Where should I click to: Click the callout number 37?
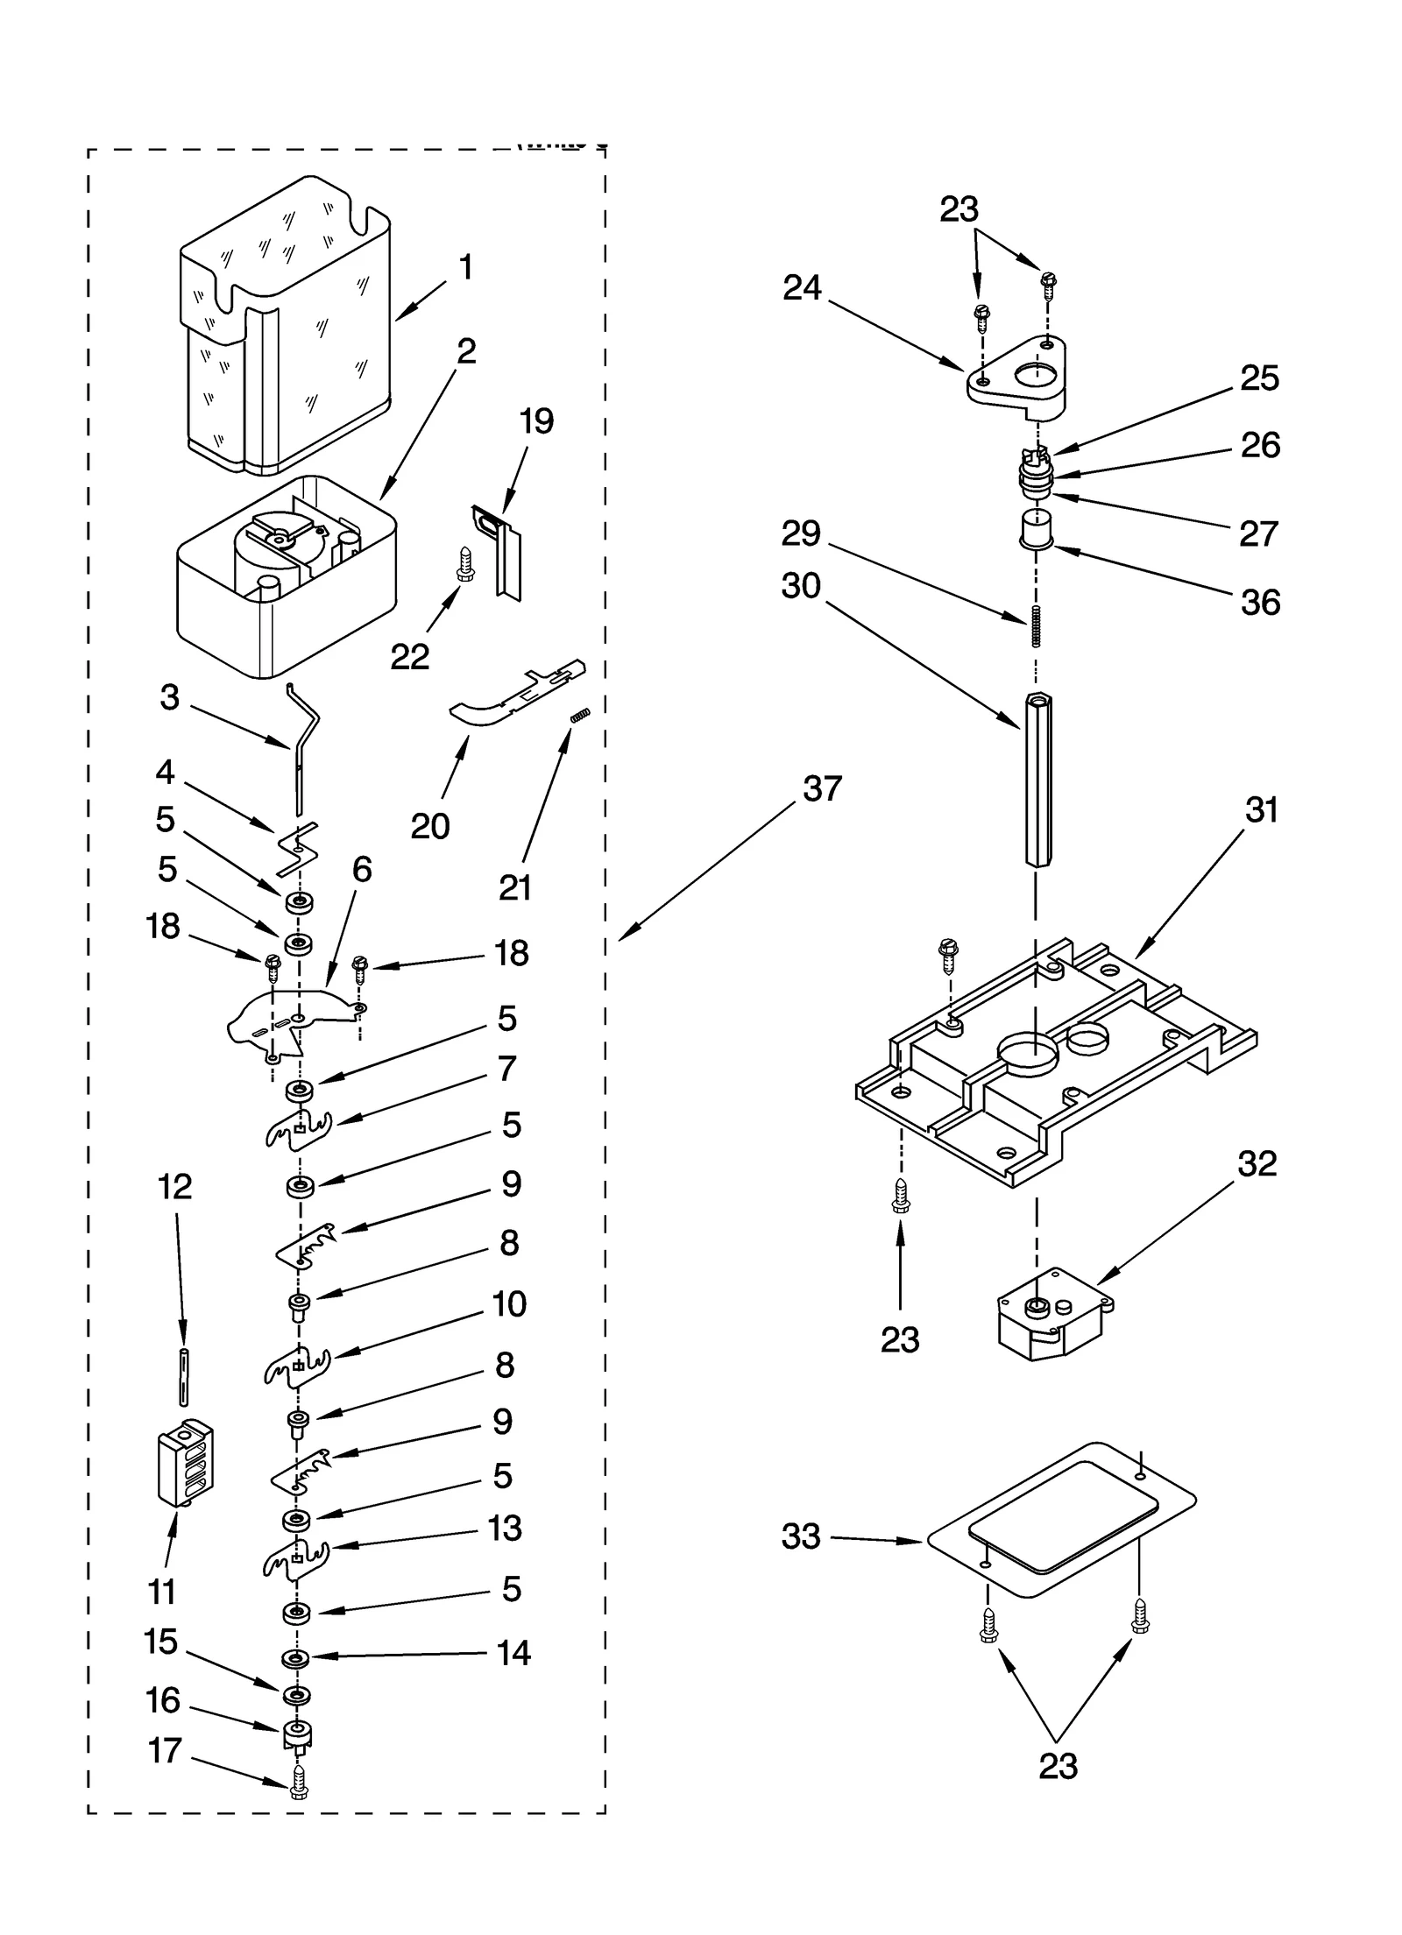tap(821, 789)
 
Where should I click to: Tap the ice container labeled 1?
tap(285, 333)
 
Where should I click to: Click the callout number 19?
tap(536, 421)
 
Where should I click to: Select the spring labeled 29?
tap(1036, 626)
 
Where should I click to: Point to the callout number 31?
tap(1261, 810)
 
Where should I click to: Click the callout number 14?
tap(513, 1653)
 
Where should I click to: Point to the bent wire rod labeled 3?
tap(302, 745)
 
